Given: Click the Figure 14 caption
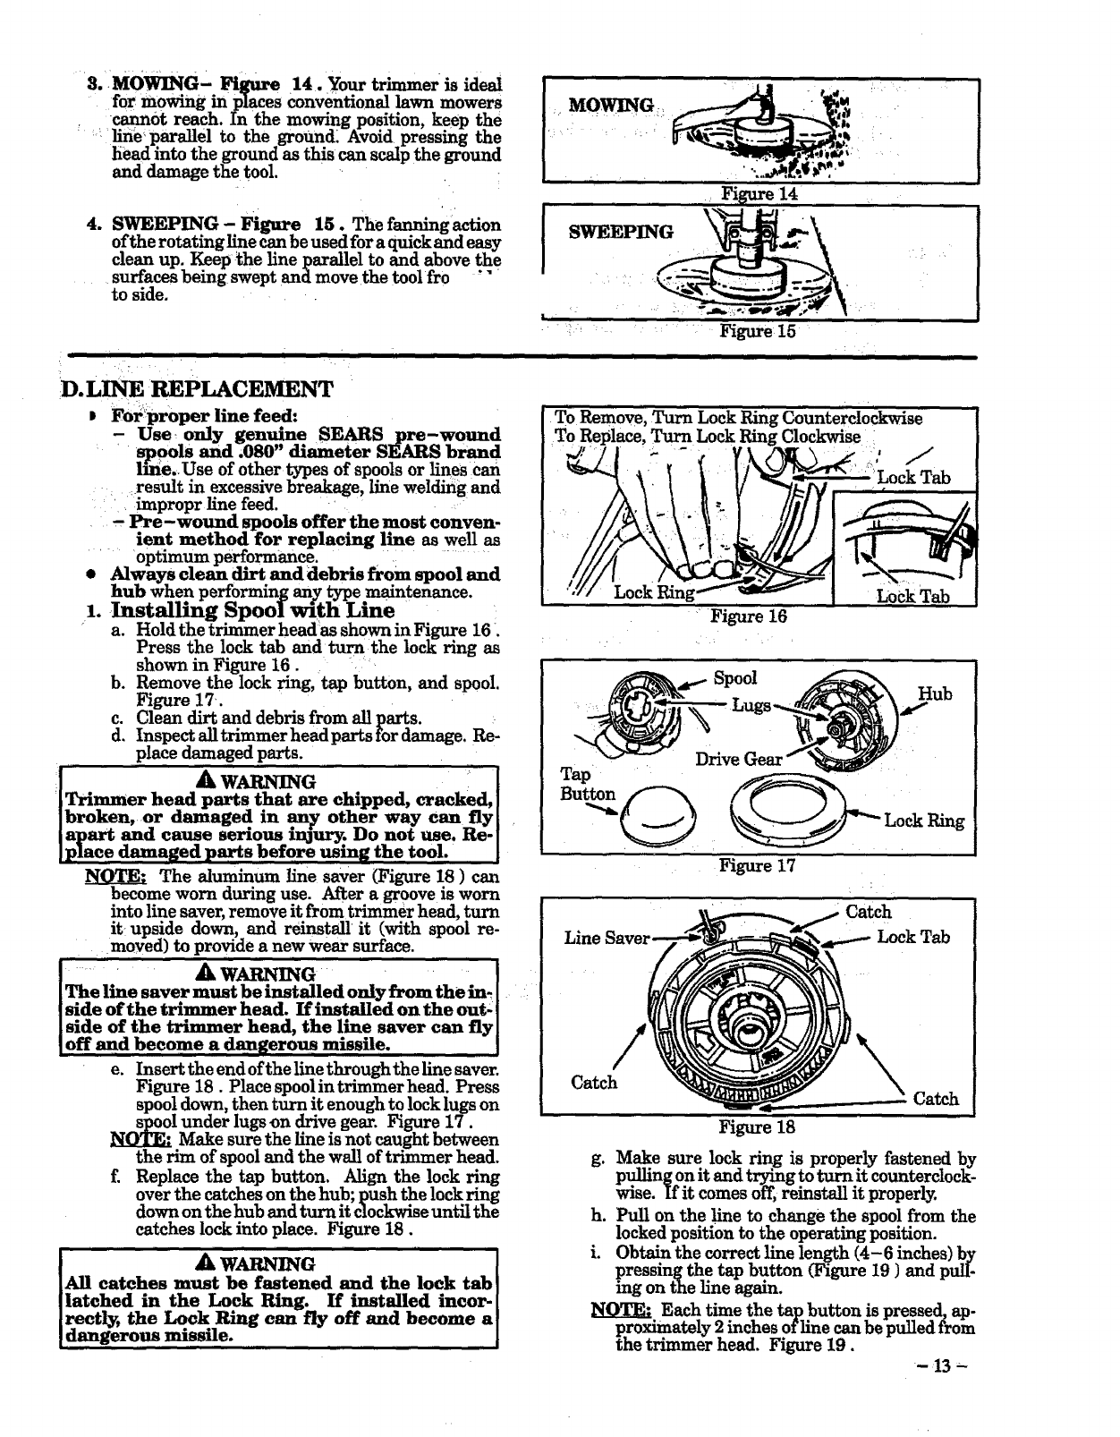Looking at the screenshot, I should [x=759, y=194].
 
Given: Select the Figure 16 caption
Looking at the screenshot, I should [x=748, y=616].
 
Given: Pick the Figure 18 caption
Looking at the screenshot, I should [x=757, y=1127].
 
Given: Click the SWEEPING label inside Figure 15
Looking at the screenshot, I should [x=621, y=233].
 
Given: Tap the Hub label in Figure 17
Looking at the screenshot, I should [x=935, y=694].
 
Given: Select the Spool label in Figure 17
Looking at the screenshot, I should [x=734, y=678].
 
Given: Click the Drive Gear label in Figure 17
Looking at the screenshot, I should [x=737, y=760].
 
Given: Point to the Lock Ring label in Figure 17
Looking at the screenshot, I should [x=924, y=821].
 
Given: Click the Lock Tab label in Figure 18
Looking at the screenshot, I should [x=912, y=937].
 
